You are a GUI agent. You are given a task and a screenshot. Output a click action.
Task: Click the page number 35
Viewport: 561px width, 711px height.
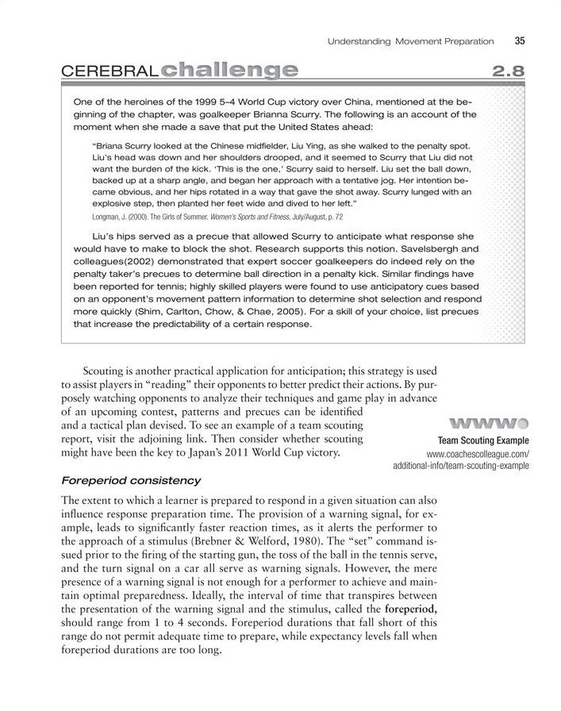click(521, 40)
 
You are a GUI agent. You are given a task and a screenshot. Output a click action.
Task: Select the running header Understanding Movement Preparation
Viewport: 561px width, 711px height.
click(412, 40)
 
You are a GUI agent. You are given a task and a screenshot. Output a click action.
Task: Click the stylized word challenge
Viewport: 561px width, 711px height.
click(229, 71)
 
